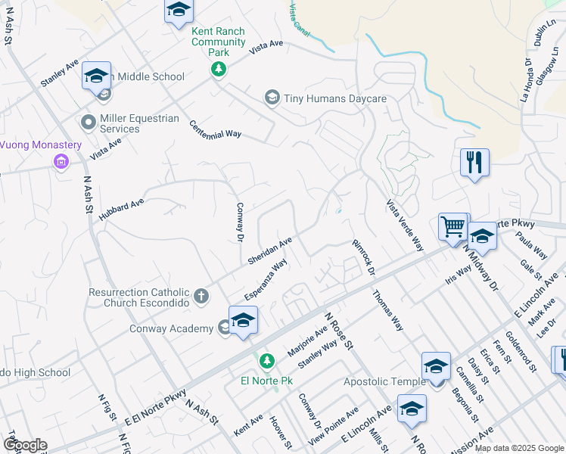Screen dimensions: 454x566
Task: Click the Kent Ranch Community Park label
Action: coord(219,36)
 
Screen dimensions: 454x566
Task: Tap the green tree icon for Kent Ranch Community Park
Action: coord(219,70)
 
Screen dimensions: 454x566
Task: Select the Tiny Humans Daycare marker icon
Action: coord(272,98)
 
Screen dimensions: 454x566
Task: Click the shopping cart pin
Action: coord(452,225)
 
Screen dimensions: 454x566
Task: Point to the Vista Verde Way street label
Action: coord(404,224)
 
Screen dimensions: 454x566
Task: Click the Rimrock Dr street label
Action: coord(363,257)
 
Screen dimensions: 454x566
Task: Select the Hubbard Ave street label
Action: coord(120,207)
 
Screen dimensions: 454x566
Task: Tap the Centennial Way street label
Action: coord(215,129)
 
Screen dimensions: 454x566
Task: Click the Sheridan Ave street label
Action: coord(269,252)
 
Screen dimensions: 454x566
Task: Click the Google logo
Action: coord(26,444)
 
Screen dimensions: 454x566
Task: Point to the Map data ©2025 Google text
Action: coord(518,448)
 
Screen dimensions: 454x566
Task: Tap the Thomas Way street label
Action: coord(387,310)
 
